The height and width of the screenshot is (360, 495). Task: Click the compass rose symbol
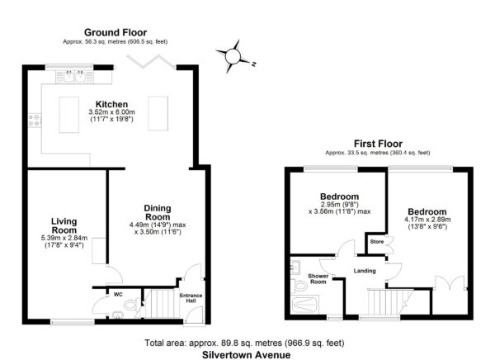coord(233,57)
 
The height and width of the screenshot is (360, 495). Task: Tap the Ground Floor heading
coord(115,32)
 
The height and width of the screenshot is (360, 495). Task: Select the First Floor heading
coord(378,144)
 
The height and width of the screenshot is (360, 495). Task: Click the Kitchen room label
coord(111,104)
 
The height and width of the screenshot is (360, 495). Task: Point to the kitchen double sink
coord(74,77)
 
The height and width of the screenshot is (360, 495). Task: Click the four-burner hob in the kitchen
coord(35,121)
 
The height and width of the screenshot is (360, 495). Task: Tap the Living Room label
coord(64,225)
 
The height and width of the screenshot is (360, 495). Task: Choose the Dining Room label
coord(158,213)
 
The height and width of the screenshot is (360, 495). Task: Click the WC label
coord(118,295)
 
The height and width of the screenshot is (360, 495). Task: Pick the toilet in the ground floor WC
coord(130,306)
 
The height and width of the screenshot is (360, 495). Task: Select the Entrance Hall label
coord(191,298)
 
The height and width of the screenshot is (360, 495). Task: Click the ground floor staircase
coord(160,303)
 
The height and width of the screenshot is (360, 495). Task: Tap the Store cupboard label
coord(377,242)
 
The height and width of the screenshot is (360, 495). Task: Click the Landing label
coord(365,271)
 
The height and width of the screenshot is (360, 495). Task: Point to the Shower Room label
coord(318,279)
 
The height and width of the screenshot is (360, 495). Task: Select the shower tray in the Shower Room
coord(304,305)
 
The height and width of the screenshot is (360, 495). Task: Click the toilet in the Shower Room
coord(299,287)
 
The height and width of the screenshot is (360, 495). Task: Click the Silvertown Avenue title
coord(246,354)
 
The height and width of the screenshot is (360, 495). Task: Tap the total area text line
coord(244,343)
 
